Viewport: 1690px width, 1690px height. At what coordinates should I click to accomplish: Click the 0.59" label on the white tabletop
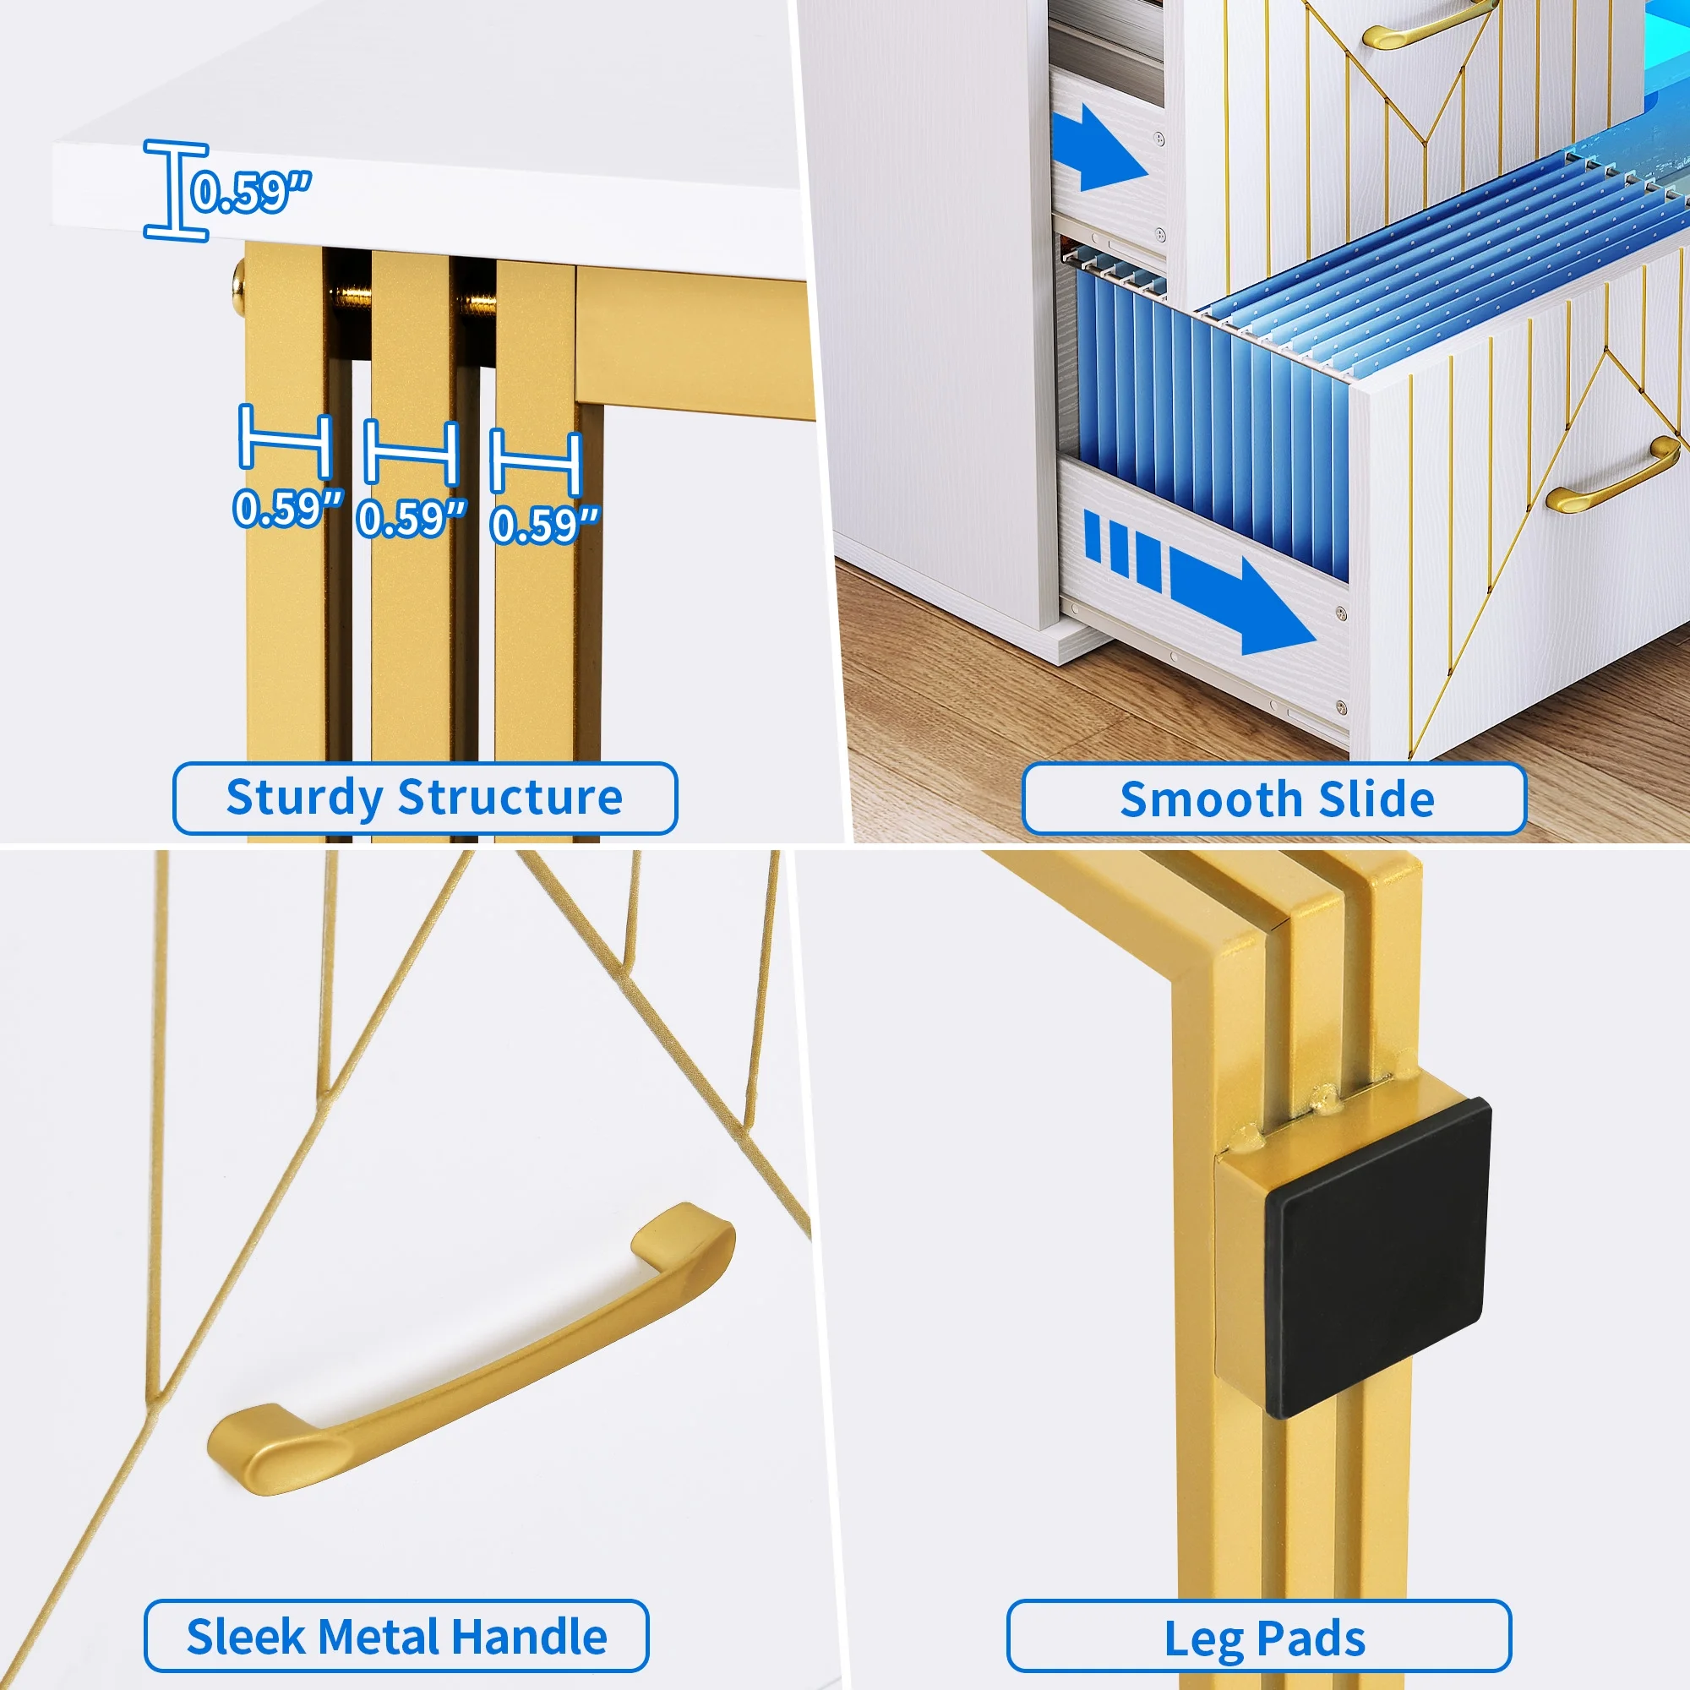tap(251, 192)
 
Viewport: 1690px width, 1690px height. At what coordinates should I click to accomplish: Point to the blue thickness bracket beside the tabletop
tap(176, 190)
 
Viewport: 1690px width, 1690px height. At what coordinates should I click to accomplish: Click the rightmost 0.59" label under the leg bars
tap(545, 525)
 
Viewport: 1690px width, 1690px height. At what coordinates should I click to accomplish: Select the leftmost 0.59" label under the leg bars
tap(288, 507)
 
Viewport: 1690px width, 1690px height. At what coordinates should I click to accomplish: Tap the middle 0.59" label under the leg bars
tap(412, 518)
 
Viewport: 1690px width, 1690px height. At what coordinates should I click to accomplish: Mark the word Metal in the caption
tap(383, 1637)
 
